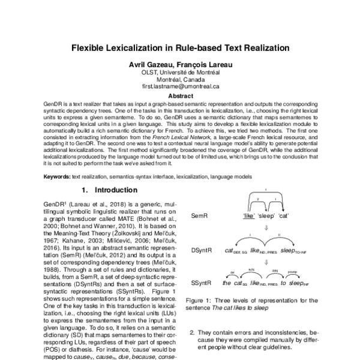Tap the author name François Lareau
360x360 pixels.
pyautogui.click(x=206, y=64)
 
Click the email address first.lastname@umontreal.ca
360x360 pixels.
pyautogui.click(x=179, y=86)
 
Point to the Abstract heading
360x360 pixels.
pyautogui.click(x=180, y=95)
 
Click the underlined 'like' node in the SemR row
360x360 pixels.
pyautogui.click(x=250, y=215)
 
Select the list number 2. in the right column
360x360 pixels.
pyautogui.click(x=193, y=332)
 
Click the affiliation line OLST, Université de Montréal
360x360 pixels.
pyautogui.click(x=179, y=72)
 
